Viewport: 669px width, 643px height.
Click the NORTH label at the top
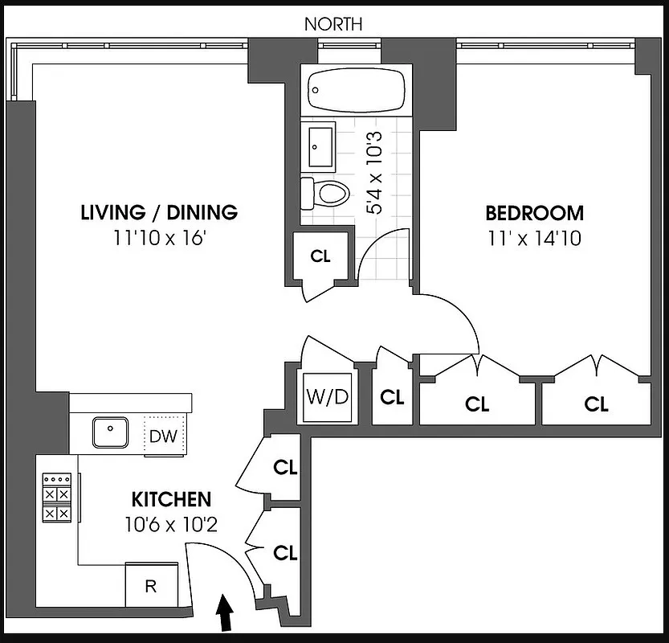332,24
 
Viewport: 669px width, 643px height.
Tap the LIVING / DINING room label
159,213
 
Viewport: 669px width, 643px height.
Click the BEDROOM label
534,213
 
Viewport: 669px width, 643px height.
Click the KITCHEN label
171,499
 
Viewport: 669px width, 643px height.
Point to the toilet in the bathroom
325,192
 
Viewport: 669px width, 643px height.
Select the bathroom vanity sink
323,146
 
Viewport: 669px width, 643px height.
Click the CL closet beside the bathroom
320,256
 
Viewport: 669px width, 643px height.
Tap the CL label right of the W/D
392,397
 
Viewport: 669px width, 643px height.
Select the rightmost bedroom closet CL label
596,404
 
